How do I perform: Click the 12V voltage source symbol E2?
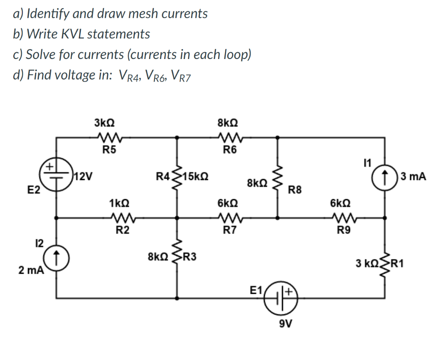(56, 175)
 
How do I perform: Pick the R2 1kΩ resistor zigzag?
(123, 218)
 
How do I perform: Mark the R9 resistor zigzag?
(343, 218)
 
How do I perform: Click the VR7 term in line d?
(181, 76)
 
